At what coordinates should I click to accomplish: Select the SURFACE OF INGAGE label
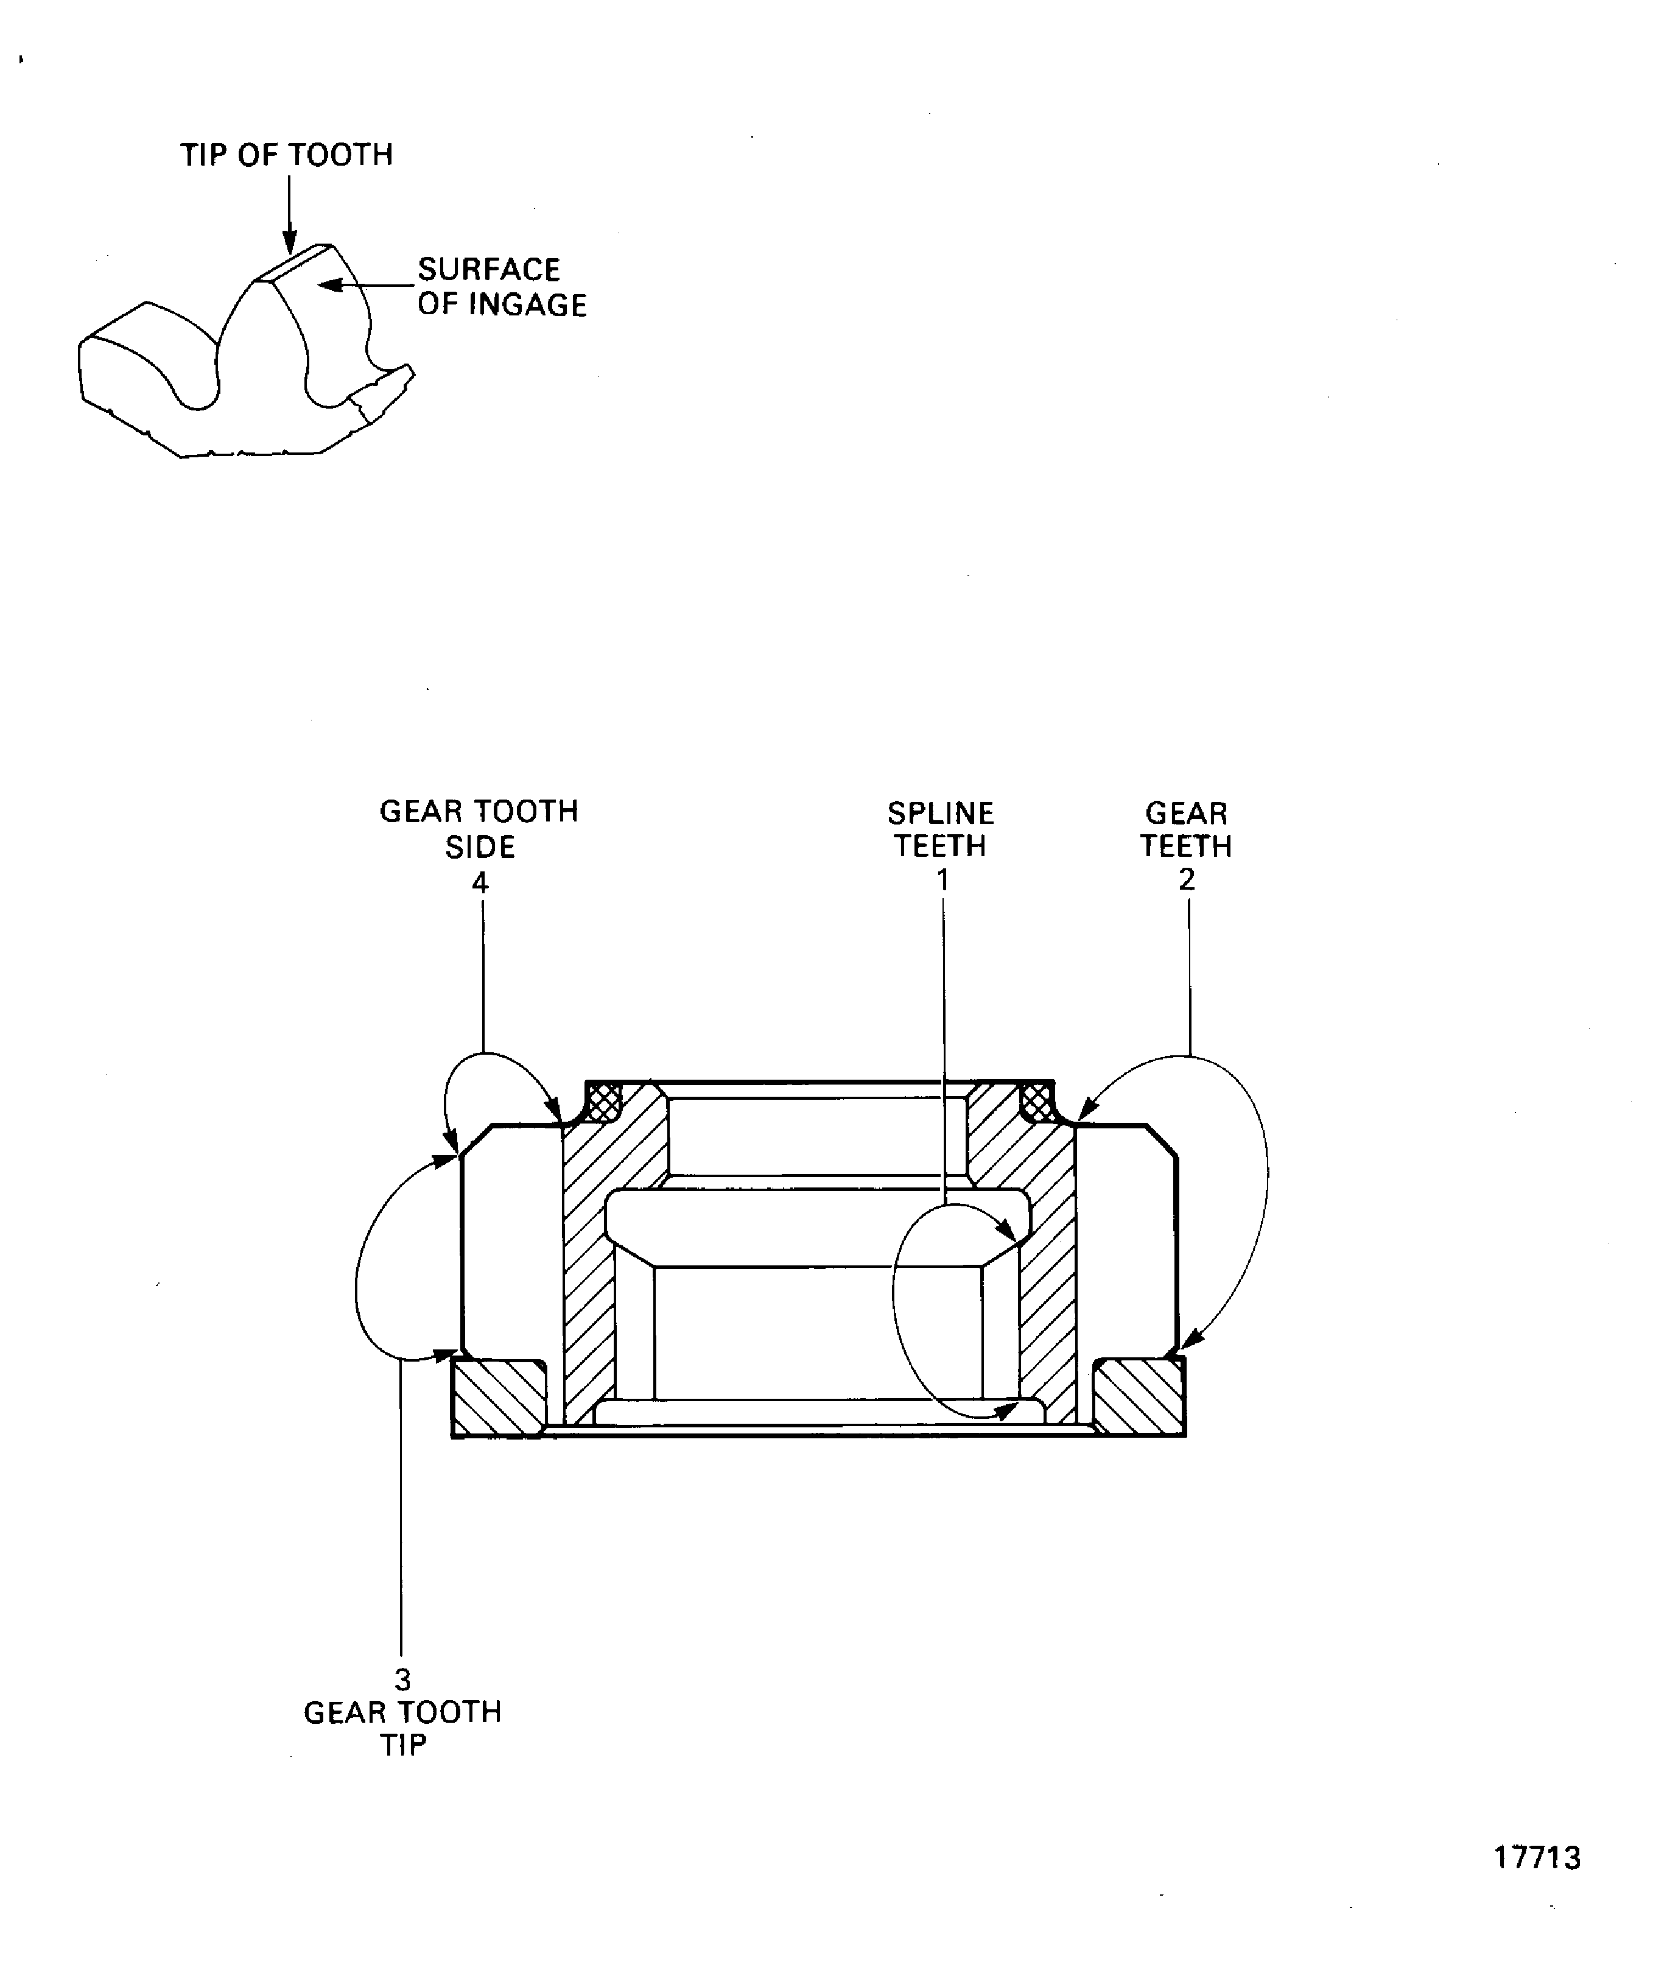point(502,287)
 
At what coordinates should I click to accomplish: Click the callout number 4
point(480,883)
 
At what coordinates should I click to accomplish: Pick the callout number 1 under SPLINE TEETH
point(942,880)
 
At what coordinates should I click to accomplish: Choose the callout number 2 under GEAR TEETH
point(1187,880)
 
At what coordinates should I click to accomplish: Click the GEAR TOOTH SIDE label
point(479,828)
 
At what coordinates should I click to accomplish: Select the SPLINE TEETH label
point(941,829)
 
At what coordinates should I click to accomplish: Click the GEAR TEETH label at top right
point(1187,829)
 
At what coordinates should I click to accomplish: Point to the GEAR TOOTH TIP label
point(403,1728)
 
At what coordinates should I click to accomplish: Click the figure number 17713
point(1537,1857)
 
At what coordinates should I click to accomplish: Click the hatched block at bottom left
point(499,1398)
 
